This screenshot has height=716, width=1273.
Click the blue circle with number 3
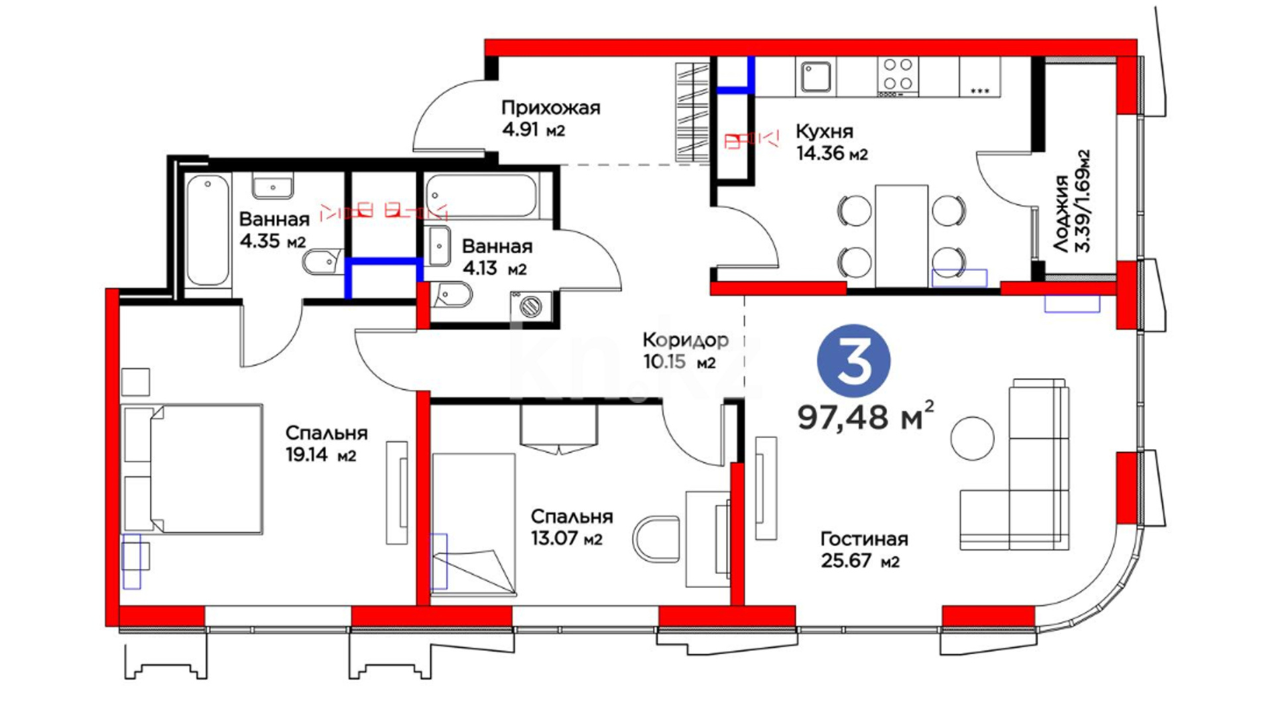pos(853,361)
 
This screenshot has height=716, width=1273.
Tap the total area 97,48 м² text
pos(866,416)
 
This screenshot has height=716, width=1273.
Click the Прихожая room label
pos(550,107)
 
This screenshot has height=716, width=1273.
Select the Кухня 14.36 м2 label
pos(832,142)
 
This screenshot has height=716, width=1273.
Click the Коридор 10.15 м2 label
pos(686,351)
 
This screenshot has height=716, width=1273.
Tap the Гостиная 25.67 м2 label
pos(864,550)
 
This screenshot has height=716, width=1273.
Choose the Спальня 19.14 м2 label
pos(326,444)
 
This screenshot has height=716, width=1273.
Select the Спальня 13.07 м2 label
pos(572,527)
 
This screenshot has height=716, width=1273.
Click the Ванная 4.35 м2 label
pos(274,229)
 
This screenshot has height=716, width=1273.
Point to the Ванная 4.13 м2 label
pos(497,257)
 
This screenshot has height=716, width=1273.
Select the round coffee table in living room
pos(973,438)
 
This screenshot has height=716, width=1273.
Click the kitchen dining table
pos(901,235)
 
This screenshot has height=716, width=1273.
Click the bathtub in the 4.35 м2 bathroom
pos(208,231)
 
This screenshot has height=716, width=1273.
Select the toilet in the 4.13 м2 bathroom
pos(453,294)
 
